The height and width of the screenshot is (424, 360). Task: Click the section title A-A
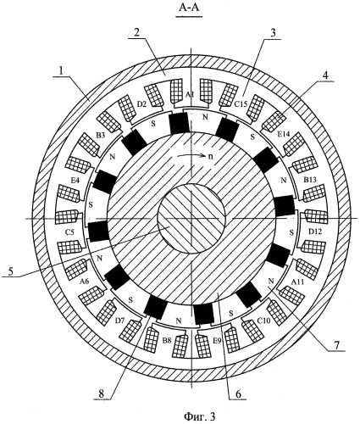189,8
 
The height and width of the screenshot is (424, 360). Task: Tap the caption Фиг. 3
200,416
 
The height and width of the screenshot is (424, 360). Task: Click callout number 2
136,33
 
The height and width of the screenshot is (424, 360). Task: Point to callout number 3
272,32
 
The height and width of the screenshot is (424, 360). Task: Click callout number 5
10,271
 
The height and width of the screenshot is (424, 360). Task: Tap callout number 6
238,394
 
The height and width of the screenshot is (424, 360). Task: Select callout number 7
337,345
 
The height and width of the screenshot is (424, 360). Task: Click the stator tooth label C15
241,104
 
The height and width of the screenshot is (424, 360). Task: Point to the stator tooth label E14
283,134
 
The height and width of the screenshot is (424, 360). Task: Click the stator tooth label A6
84,281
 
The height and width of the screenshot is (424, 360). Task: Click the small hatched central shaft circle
191,218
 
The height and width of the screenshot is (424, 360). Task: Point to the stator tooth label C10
264,321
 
